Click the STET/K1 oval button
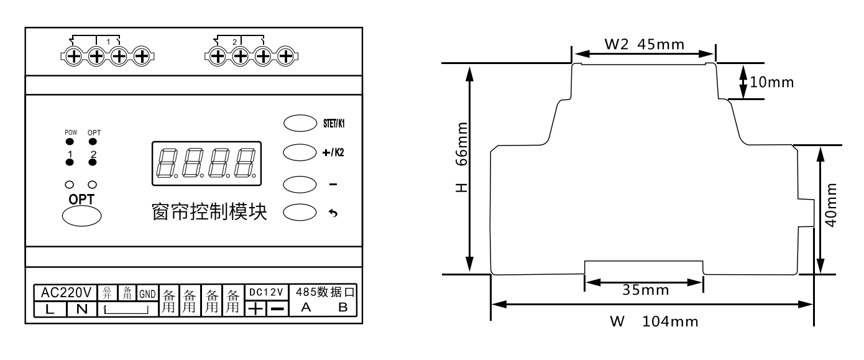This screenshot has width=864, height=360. [x=297, y=122]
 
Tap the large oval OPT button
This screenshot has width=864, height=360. [x=81, y=215]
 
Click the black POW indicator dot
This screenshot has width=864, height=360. [x=69, y=141]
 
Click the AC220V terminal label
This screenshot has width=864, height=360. [x=66, y=292]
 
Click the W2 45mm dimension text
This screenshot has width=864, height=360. [x=644, y=44]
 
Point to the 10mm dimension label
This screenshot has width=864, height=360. [x=771, y=83]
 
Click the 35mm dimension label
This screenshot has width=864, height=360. [x=646, y=290]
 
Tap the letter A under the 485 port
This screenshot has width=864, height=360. [x=305, y=308]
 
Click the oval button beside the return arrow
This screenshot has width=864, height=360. [x=297, y=212]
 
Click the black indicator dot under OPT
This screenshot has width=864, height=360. [x=93, y=141]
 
